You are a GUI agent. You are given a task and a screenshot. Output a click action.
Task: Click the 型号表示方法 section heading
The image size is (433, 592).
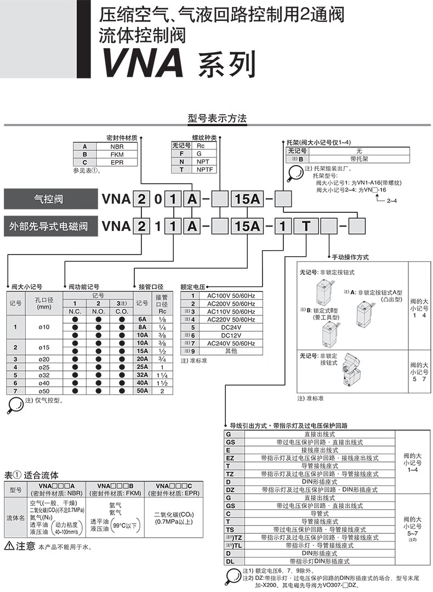click(x=218, y=119)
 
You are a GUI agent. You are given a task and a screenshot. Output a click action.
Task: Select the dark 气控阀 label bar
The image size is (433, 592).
click(x=49, y=199)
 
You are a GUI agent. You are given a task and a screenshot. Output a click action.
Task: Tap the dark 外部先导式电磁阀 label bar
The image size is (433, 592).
click(x=49, y=225)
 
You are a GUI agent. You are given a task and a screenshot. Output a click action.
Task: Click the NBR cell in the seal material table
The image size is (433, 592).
click(x=117, y=147)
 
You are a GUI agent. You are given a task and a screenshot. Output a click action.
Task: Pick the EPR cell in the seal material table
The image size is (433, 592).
click(x=117, y=162)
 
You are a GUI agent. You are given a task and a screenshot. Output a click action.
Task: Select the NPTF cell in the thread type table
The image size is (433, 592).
click(x=204, y=170)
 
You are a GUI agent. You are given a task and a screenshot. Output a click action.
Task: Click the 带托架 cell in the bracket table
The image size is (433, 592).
click(x=359, y=158)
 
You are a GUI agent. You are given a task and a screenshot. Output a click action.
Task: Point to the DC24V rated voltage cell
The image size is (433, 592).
click(x=230, y=327)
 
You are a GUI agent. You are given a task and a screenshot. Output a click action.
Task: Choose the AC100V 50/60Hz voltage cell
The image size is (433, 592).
click(x=230, y=296)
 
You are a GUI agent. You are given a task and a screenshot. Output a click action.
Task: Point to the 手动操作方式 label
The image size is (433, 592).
click(x=350, y=257)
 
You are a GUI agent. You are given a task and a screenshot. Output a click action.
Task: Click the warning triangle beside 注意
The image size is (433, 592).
click(x=9, y=546)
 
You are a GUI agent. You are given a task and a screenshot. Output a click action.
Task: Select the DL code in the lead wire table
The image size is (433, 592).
click(x=230, y=561)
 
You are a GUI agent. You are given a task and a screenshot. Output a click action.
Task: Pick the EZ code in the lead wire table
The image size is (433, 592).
click(x=230, y=458)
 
